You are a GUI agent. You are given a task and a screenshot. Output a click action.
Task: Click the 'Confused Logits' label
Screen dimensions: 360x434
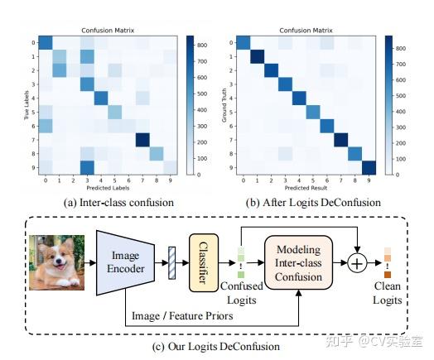tap(240, 290)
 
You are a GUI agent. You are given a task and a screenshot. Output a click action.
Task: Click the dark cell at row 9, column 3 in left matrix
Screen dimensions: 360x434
tap(85, 166)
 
